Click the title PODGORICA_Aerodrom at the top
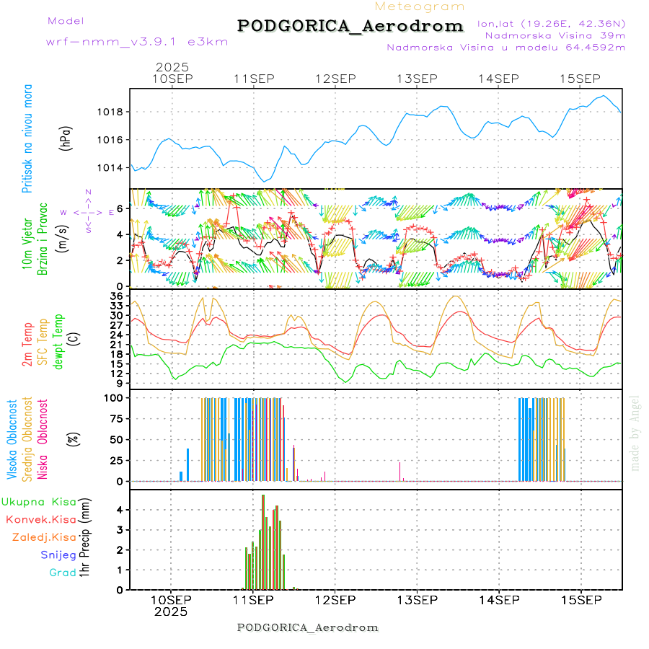pos(350,26)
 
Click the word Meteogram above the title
pos(420,6)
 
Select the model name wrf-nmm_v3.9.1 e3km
pos(137,42)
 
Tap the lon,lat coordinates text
pos(551,23)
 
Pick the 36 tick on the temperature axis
pos(118,296)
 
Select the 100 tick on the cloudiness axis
pos(116,397)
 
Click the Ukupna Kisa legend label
pos(38,501)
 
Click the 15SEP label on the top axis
pos(580,79)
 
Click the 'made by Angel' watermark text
pos(635,433)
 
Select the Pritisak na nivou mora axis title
pos(28,138)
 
